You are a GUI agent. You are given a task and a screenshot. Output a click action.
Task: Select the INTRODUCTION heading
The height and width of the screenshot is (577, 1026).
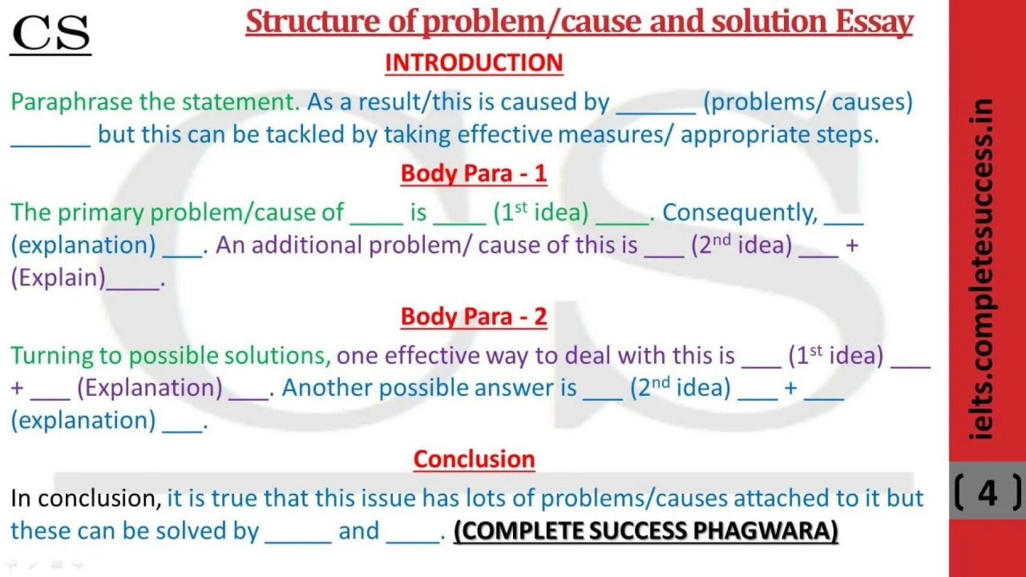pos(474,63)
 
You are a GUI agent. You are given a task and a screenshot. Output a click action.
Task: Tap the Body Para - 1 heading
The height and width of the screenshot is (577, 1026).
pos(474,174)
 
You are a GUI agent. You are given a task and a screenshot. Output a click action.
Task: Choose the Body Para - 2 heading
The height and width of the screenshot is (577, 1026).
pos(474,317)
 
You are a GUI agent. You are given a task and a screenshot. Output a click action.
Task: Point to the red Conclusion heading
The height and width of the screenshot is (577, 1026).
pos(474,459)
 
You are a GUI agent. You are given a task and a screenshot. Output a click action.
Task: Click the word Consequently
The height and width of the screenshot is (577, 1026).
pos(740,212)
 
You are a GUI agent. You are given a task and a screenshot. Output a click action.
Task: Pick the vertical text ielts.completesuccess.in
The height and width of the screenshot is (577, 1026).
pos(981,269)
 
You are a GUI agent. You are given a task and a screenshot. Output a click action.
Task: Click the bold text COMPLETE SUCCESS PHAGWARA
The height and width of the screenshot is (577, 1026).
pos(646,531)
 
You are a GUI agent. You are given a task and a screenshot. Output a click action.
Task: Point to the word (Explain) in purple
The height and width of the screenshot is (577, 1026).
pos(58,278)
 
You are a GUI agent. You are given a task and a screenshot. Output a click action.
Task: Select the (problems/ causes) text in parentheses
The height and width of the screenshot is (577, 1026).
pos(808,102)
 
